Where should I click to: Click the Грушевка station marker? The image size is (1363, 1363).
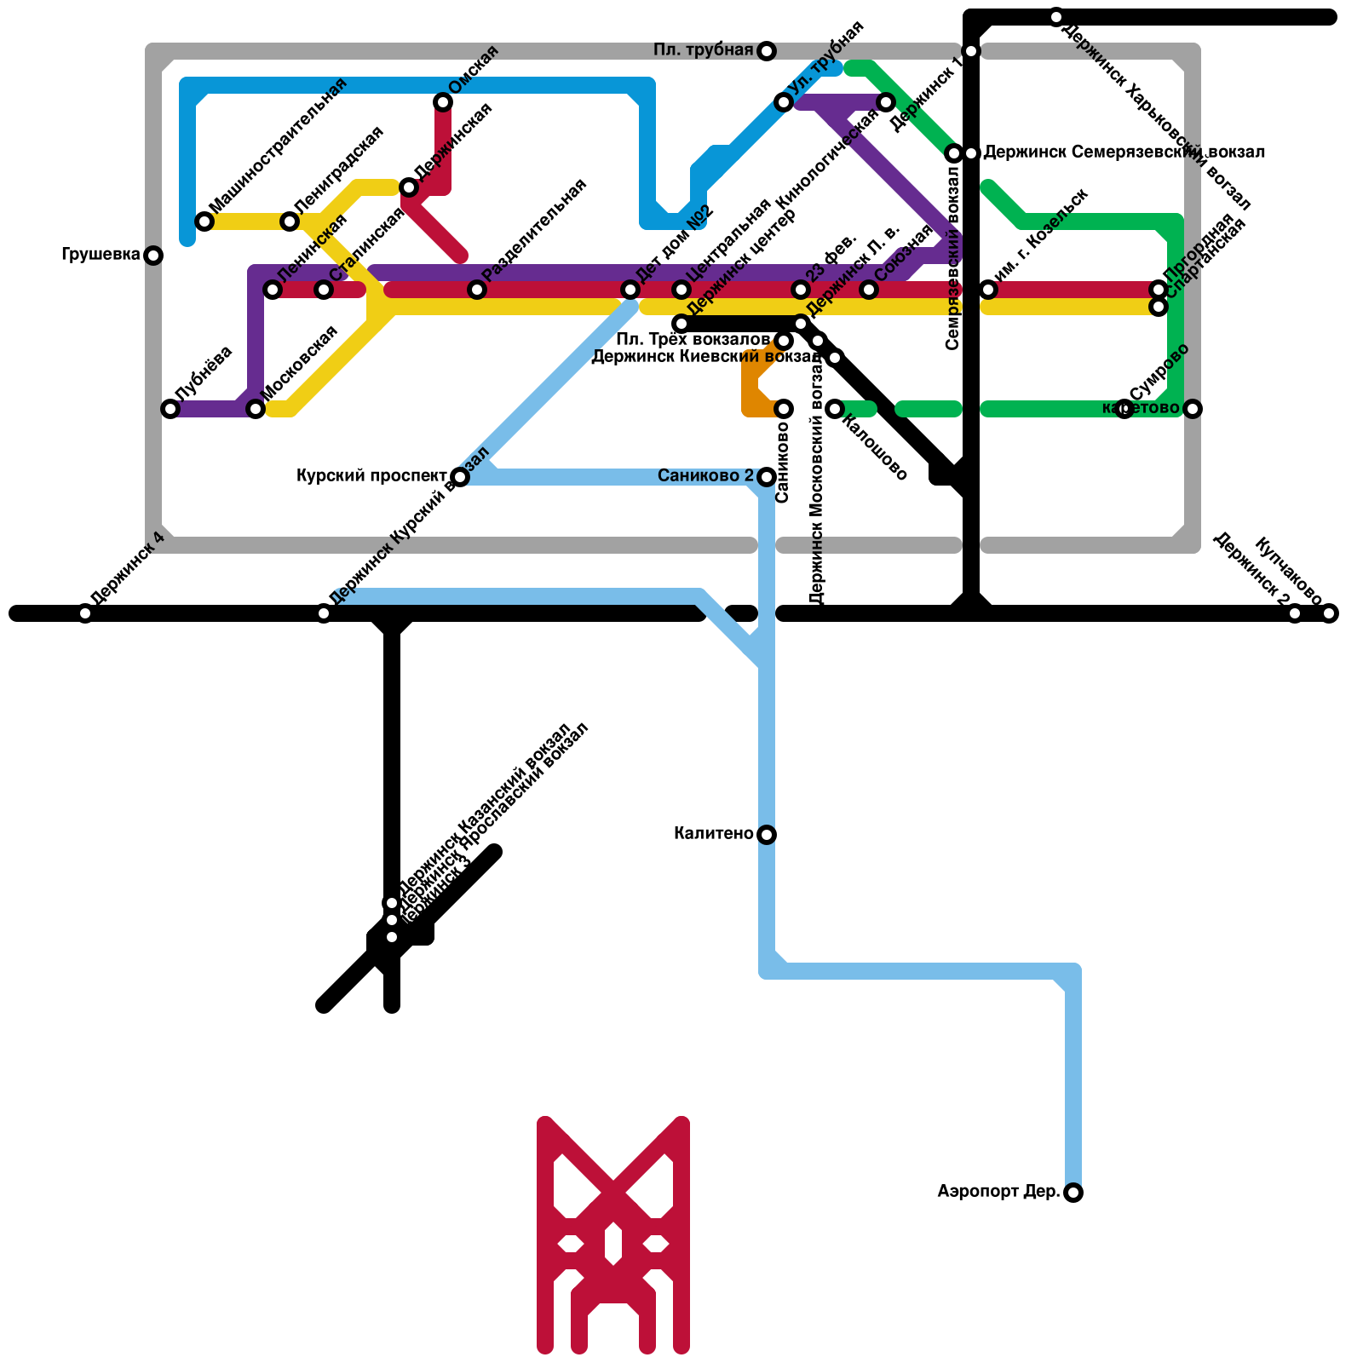click(153, 255)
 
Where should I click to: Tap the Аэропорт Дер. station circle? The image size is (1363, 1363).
click(1073, 1193)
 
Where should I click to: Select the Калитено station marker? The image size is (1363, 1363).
click(767, 834)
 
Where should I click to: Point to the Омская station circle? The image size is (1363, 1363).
click(443, 102)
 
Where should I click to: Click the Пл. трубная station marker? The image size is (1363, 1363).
click(767, 51)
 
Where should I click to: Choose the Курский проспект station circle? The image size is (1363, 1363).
click(460, 476)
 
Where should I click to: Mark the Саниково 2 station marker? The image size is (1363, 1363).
click(767, 476)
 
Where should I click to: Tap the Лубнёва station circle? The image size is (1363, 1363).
click(170, 409)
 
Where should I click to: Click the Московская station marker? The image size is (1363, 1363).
click(256, 409)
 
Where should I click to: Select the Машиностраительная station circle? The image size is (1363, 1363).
click(204, 221)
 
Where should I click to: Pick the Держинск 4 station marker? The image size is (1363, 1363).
click(85, 613)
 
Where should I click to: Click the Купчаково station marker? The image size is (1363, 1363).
click(1329, 613)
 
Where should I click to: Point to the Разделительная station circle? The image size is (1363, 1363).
click(477, 290)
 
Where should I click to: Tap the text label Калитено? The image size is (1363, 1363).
click(713, 834)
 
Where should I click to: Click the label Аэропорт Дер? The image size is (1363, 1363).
click(998, 1192)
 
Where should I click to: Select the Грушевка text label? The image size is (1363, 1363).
click(101, 255)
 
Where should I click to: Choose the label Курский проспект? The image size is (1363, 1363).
click(371, 476)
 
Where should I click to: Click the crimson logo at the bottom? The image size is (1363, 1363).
click(613, 1235)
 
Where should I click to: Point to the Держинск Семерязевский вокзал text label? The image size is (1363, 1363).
click(1124, 152)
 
